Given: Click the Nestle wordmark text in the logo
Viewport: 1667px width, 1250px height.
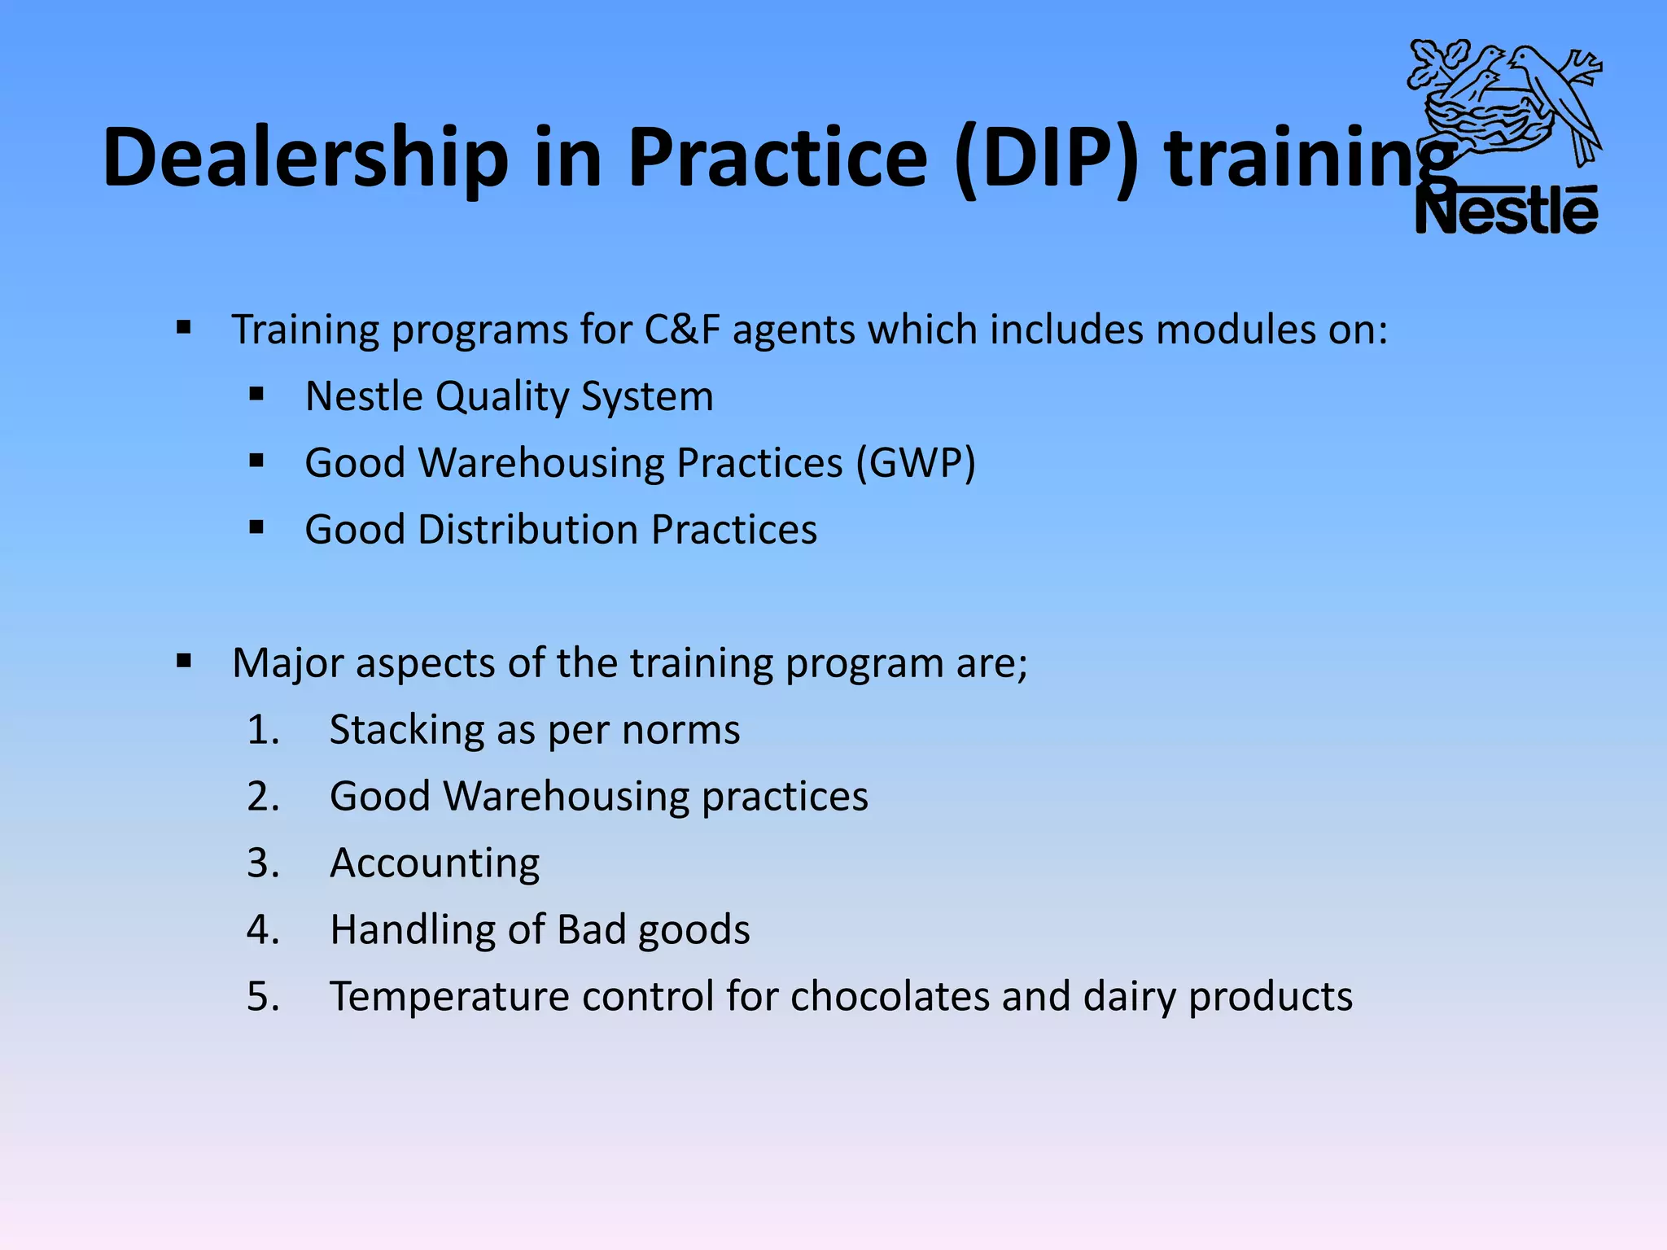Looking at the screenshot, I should point(1507,212).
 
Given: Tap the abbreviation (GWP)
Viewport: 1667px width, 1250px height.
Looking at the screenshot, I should point(916,463).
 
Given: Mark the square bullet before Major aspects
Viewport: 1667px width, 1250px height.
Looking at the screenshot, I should point(184,661).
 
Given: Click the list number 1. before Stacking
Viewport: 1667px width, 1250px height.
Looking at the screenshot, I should point(263,730).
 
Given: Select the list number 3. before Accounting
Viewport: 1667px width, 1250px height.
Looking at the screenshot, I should point(263,863).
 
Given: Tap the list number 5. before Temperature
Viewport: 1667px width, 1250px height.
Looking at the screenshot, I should point(263,997).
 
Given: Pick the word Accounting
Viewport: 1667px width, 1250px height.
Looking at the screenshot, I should point(434,863).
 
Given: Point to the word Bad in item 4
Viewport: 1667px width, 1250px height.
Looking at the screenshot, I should point(592,929).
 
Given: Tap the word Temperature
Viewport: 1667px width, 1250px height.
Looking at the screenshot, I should point(449,997).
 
